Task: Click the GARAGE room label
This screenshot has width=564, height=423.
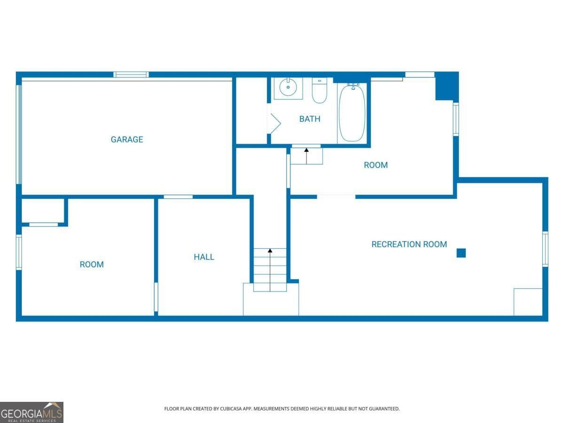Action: click(x=127, y=140)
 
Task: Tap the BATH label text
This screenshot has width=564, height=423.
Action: click(x=310, y=119)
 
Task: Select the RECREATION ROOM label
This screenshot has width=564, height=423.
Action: click(x=409, y=244)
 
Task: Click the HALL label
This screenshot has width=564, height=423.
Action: click(x=204, y=257)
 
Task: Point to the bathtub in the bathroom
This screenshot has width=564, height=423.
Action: click(x=352, y=113)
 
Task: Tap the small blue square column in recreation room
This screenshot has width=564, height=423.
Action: click(x=461, y=253)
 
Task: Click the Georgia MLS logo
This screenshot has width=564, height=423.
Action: click(x=31, y=412)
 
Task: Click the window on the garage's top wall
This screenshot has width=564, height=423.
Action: click(x=131, y=74)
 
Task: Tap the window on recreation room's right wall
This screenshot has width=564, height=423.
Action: click(x=545, y=249)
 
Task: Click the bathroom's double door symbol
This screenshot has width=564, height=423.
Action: click(x=274, y=124)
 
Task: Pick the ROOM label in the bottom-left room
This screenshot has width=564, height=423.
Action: click(x=92, y=265)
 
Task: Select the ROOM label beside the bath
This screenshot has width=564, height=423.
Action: click(x=376, y=165)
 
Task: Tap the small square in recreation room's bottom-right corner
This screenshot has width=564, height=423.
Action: click(x=528, y=302)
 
